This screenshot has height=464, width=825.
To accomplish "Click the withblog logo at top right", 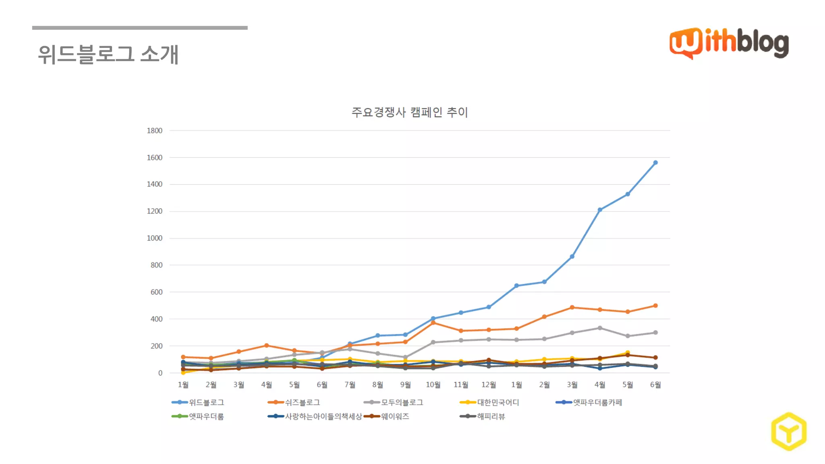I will click(x=729, y=43).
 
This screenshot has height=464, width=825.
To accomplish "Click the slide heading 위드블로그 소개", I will click(x=108, y=54).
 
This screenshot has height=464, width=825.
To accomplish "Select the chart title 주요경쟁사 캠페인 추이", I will click(x=409, y=112).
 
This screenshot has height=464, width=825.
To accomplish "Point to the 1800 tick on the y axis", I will click(x=155, y=130).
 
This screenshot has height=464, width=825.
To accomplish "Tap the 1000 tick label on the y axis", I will click(x=155, y=238).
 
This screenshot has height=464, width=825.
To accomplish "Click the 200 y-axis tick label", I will click(x=156, y=346).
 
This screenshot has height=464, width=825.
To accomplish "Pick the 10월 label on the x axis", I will click(x=433, y=385).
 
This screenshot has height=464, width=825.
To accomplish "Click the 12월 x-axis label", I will click(x=489, y=385).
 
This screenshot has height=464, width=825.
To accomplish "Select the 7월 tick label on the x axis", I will click(x=350, y=385).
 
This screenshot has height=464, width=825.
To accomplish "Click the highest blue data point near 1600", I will click(x=655, y=163).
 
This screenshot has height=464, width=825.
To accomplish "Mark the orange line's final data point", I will click(x=655, y=306).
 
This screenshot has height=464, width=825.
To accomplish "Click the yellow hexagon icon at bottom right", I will click(x=789, y=431).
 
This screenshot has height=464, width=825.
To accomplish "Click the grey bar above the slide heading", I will click(x=140, y=28).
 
